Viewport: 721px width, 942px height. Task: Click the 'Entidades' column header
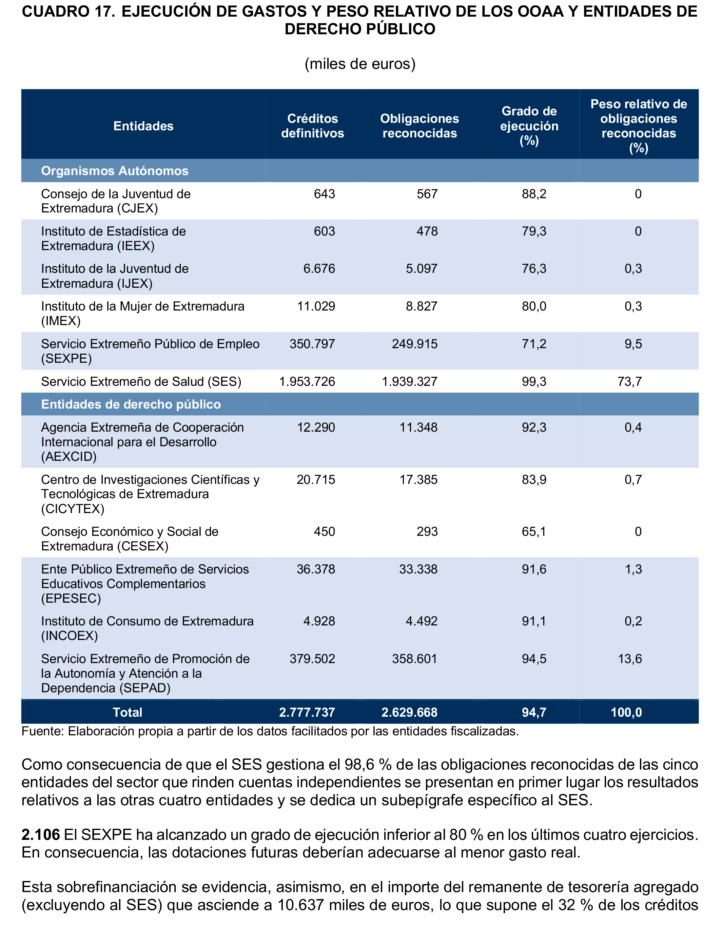click(143, 126)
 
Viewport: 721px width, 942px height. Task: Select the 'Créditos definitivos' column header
click(312, 126)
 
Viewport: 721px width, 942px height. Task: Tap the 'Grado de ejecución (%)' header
click(529, 126)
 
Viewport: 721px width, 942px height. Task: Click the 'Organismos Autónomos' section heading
click(115, 171)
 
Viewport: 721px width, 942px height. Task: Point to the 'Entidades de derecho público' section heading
click(131, 404)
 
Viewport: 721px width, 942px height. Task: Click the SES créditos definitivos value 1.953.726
click(307, 381)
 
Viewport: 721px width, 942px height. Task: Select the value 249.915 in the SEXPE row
click(414, 344)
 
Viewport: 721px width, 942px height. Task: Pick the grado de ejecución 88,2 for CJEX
click(534, 194)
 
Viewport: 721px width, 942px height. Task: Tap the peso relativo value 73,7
click(629, 381)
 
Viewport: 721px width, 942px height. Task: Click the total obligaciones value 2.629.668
click(409, 712)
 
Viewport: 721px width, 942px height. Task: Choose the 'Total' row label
click(128, 712)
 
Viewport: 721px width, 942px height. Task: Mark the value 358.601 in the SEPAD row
click(414, 659)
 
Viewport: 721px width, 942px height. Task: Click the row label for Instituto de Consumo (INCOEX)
click(147, 628)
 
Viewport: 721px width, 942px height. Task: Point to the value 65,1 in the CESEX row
click(534, 531)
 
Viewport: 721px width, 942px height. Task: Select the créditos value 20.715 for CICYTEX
click(316, 479)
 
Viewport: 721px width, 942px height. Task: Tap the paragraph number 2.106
click(41, 835)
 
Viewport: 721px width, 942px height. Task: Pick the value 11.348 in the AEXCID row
click(418, 428)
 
